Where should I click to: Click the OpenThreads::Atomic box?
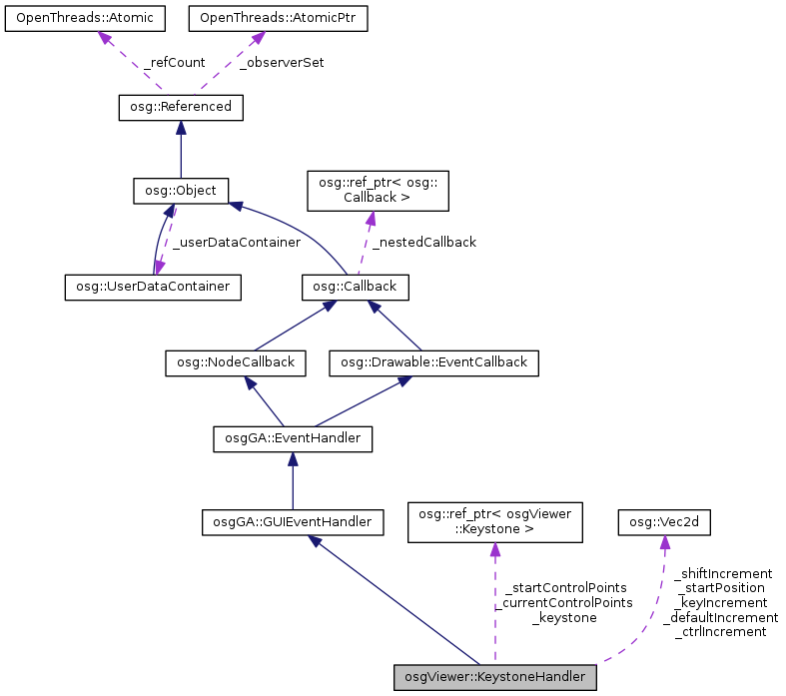tap(86, 19)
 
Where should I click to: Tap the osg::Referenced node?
tap(181, 106)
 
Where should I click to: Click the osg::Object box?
tap(182, 189)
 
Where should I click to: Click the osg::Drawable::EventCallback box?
tap(433, 362)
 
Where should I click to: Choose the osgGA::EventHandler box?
tap(293, 437)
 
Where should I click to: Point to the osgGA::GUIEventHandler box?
tap(292, 521)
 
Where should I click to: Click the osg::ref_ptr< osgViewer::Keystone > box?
tap(495, 521)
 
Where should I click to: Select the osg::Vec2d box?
tap(660, 521)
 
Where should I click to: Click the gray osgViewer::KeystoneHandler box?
tap(495, 677)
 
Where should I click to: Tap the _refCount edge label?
tap(175, 62)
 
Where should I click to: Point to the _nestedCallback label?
tap(423, 242)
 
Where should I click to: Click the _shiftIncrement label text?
tap(723, 573)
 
